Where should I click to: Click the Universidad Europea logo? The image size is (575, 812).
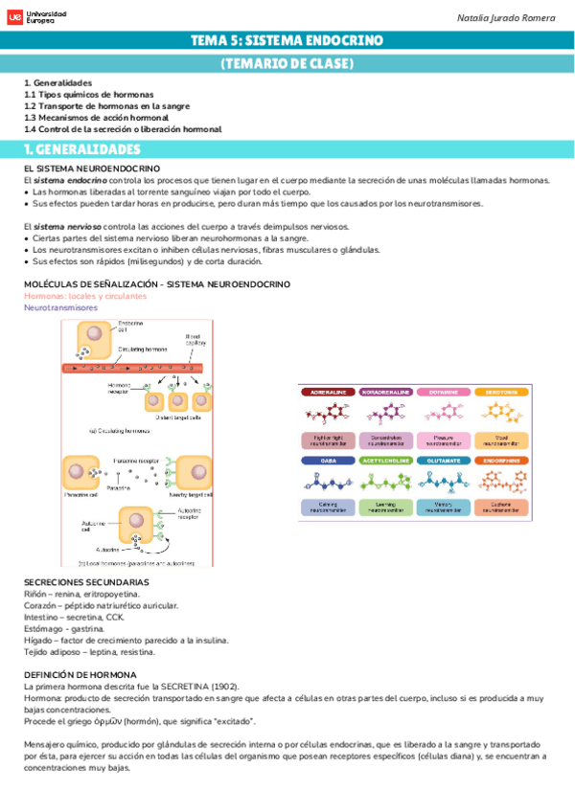point(38,17)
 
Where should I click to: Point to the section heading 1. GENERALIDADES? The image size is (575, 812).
point(82,149)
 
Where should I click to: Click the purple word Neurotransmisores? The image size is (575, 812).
point(61,308)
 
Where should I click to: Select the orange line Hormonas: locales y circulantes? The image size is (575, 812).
point(85,297)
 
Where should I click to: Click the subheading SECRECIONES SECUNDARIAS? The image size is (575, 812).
point(86,582)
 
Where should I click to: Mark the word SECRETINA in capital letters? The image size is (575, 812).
point(199,687)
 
